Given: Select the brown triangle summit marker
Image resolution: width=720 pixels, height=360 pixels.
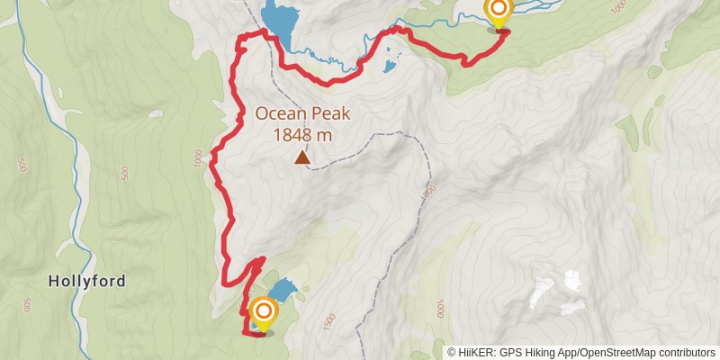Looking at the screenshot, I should [x=303, y=159].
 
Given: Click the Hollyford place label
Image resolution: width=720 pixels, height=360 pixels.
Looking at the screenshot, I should [x=86, y=282].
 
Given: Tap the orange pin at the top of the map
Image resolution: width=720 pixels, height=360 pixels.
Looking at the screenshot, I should [x=498, y=12].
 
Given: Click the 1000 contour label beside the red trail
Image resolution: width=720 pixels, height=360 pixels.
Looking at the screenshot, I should [x=199, y=159].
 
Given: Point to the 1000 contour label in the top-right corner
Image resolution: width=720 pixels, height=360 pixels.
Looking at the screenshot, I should [x=617, y=7].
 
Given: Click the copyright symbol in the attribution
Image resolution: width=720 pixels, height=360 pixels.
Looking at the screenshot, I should [x=452, y=352].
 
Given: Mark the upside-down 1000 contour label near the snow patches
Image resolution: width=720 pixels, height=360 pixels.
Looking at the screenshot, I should [x=440, y=309].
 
